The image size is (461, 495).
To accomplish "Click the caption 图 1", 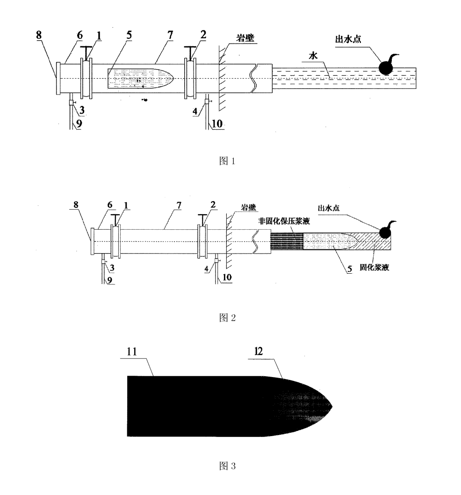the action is point(227,161).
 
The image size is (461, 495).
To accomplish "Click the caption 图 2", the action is point(227,318).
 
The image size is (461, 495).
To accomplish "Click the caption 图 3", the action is point(227,466).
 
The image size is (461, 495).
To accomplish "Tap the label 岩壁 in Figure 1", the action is point(245,38).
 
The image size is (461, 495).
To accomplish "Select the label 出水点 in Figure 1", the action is point(348,39).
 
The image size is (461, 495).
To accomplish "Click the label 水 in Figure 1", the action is point(313,56).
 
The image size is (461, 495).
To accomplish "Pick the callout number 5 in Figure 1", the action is point(129,35).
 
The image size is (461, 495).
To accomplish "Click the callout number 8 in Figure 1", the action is point(38,35).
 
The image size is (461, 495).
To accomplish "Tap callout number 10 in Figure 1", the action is point(217,124).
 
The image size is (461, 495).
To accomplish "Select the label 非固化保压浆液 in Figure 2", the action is point(284,221).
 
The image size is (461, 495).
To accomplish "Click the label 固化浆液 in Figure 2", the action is point(374,267).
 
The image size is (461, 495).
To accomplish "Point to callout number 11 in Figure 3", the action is point(132,351).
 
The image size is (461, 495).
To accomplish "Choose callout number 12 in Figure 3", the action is point(259,351).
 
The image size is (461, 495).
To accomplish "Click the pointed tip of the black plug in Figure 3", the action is point(332,406).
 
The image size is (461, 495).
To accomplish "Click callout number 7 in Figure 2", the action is point(179,205).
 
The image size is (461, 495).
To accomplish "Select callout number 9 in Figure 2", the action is point(110,280).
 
